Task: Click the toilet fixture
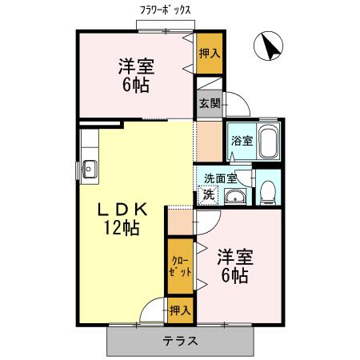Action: (268, 190)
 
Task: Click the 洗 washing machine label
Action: (208, 194)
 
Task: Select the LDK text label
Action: (122, 210)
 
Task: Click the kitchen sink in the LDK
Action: (89, 168)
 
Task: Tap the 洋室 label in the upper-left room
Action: (137, 66)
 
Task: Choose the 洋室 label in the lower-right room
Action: (234, 258)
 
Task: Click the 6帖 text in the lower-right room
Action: (234, 276)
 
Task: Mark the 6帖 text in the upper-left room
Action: (137, 85)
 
